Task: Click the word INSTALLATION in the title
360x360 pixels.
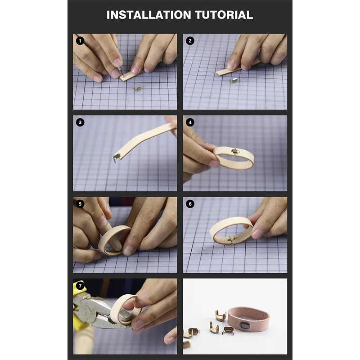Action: (149, 15)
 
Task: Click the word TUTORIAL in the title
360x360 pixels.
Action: (224, 15)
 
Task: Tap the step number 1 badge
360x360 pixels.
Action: (80, 41)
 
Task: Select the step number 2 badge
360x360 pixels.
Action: (190, 41)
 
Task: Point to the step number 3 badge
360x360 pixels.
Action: (80, 122)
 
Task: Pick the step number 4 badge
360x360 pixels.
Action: (190, 122)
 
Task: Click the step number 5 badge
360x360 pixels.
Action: (80, 204)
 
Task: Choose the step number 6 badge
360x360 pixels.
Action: (190, 204)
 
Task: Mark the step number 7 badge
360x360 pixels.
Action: (80, 286)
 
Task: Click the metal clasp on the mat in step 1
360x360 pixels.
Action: (138, 88)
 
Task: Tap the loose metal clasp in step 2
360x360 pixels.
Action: (234, 81)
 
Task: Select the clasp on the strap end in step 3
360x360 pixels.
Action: (117, 158)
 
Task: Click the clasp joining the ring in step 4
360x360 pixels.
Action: (235, 151)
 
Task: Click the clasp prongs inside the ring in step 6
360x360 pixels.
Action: (230, 240)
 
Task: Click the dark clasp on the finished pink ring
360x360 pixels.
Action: (244, 325)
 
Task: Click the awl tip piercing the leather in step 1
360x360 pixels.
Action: (122, 75)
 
